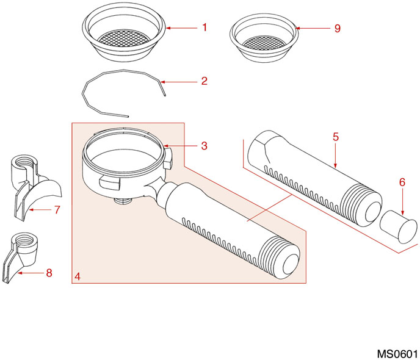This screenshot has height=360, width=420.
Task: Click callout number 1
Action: (x=205, y=27)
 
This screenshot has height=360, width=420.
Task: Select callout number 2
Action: (x=205, y=81)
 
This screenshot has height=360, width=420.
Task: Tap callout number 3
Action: (x=205, y=146)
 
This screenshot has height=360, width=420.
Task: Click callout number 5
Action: (x=336, y=137)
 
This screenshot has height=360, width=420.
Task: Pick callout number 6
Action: (x=402, y=182)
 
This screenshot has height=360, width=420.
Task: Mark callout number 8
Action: (x=49, y=273)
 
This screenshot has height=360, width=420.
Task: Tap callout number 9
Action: (x=337, y=28)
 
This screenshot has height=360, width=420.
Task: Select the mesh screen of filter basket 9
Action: (x=264, y=44)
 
